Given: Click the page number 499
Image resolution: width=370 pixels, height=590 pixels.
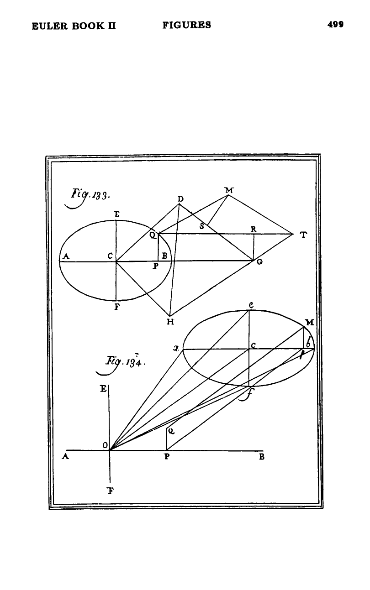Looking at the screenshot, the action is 335,25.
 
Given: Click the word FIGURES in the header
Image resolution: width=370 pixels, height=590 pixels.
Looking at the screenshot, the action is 187,25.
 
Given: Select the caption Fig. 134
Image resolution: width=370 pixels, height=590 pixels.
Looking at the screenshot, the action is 122,364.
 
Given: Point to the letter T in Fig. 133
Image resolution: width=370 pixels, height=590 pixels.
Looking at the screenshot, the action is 304,235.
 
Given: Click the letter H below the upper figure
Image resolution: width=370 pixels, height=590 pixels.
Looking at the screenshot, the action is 170,322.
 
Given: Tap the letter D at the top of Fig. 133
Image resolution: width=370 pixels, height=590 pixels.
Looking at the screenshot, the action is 180,199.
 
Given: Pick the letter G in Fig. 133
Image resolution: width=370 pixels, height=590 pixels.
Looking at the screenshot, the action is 259,262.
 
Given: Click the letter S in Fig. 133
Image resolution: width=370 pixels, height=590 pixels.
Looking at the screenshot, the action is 202,226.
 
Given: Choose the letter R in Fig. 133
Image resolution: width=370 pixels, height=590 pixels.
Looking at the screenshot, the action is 254,229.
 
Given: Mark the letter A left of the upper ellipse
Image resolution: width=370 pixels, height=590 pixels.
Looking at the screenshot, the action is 66,256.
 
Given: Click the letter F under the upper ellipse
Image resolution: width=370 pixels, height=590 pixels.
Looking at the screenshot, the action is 117,307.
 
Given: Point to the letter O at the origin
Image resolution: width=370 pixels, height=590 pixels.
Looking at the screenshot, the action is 105,445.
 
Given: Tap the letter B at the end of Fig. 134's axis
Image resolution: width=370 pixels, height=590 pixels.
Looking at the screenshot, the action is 262,457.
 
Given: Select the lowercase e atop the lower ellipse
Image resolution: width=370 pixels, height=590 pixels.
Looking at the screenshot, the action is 251,305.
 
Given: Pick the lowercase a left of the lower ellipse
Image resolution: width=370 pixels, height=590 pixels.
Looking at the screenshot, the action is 176,349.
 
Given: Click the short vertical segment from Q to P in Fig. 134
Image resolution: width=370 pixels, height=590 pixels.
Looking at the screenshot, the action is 166,439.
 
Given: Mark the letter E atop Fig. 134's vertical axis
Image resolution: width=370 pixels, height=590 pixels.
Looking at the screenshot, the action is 104,389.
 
